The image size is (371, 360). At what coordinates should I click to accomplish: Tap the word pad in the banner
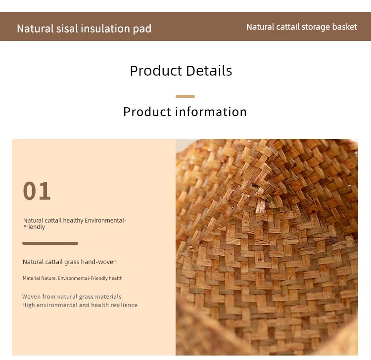tap(142, 29)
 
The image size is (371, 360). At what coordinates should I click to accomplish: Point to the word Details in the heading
tap(209, 71)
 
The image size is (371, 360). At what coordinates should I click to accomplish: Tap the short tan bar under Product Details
tap(185, 96)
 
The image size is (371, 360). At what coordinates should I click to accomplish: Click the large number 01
tap(37, 191)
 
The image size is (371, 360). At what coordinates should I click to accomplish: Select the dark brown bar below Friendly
tap(50, 243)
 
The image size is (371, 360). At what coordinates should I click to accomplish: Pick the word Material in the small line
tap(31, 278)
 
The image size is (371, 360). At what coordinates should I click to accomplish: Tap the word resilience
tap(124, 305)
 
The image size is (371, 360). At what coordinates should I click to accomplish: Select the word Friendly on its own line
tap(34, 227)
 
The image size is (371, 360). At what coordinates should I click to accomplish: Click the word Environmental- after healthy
tap(105, 221)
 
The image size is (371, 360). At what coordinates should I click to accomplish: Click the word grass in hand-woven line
tap(72, 262)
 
